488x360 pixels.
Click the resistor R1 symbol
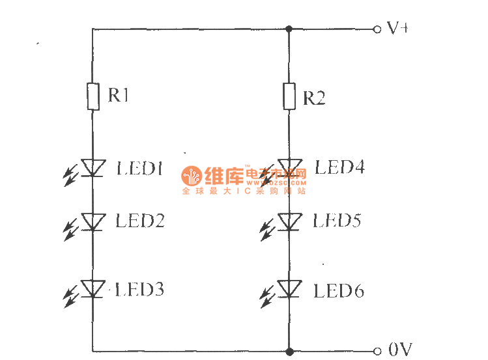pyautogui.click(x=93, y=97)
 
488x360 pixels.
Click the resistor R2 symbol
pyautogui.click(x=289, y=96)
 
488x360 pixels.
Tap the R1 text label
pyautogui.click(x=119, y=96)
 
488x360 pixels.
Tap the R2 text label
pyautogui.click(x=314, y=98)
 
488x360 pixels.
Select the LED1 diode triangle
pyautogui.click(x=93, y=169)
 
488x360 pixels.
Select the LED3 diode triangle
pyautogui.click(x=93, y=288)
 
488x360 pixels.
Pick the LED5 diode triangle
pyautogui.click(x=289, y=222)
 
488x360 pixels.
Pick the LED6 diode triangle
pyautogui.click(x=289, y=288)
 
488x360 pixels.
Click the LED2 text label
pyautogui.click(x=139, y=221)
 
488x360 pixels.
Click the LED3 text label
pyautogui.click(x=139, y=289)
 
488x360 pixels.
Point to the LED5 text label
pyautogui.click(x=337, y=221)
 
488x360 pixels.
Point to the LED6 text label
pyautogui.click(x=338, y=290)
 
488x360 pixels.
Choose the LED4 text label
pyautogui.click(x=339, y=167)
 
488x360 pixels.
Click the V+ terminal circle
pyautogui.click(x=377, y=29)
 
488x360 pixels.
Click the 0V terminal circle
pyautogui.click(x=377, y=352)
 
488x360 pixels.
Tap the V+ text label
pyautogui.click(x=397, y=28)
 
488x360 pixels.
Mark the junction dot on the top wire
pyautogui.click(x=289, y=29)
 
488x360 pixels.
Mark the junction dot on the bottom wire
pyautogui.click(x=289, y=352)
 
